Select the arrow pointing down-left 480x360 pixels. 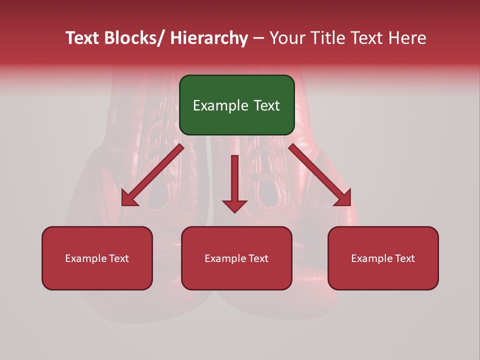coord(152,175)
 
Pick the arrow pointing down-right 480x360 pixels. coord(320,175)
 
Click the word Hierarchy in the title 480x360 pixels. coord(209,38)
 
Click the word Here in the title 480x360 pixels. coord(407,38)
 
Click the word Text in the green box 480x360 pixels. coord(266,105)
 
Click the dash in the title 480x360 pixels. coord(258,38)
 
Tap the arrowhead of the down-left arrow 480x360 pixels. coord(129,199)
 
